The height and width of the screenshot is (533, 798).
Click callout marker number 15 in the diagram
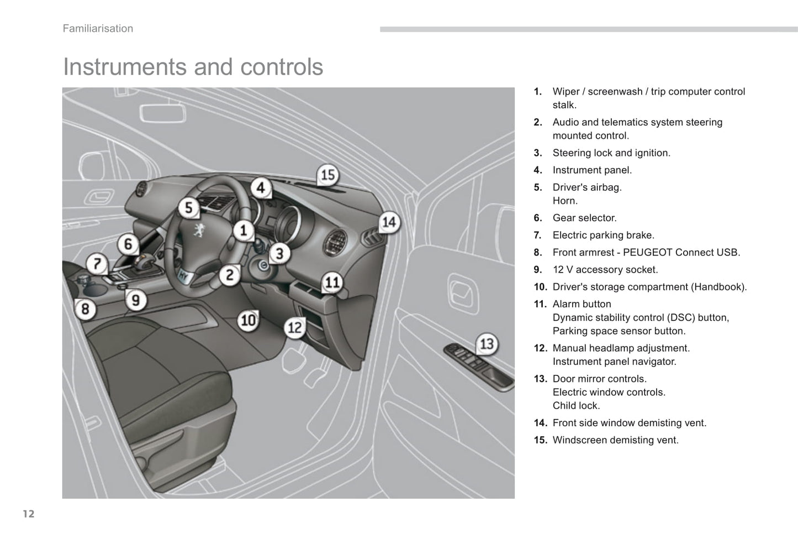[328, 175]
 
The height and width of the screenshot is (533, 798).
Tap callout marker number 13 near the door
[486, 344]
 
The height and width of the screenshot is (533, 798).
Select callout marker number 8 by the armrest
[85, 309]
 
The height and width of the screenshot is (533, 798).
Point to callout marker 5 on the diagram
[188, 208]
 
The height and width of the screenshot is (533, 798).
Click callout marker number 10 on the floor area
[248, 320]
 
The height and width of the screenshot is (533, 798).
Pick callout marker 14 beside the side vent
[389, 222]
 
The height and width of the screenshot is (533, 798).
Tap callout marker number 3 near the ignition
[279, 254]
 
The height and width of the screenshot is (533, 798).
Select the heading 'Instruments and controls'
[193, 67]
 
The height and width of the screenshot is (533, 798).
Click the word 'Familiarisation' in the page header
[98, 29]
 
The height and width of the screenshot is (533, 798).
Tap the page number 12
[29, 514]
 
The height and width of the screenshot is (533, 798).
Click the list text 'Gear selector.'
[584, 218]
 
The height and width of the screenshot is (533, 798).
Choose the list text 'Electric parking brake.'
[603, 235]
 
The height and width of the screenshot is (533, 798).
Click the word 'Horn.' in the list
[565, 201]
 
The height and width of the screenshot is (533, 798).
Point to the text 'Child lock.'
[576, 405]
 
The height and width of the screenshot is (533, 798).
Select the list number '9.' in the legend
[538, 270]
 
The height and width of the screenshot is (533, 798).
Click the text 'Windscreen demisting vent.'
[615, 440]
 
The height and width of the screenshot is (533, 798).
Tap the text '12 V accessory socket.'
[605, 270]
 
